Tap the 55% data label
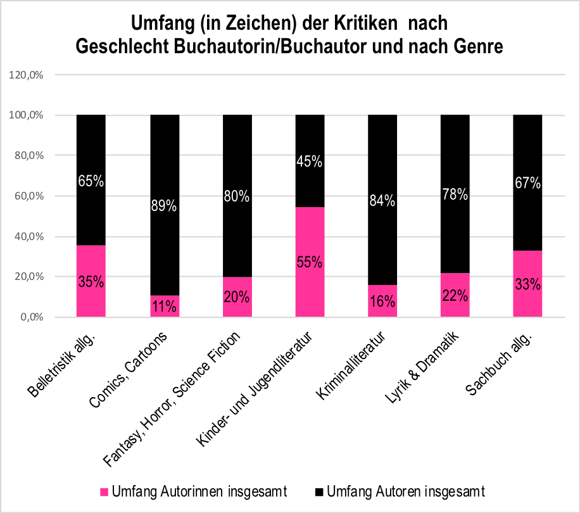pos(310,262)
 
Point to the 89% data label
pos(165,206)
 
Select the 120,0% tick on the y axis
pos(27,75)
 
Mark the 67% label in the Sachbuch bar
pos(528,183)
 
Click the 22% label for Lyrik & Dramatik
pos(455,296)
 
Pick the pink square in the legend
pos(105,491)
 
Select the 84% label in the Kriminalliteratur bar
pos(382,201)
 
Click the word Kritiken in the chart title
pos(366,24)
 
